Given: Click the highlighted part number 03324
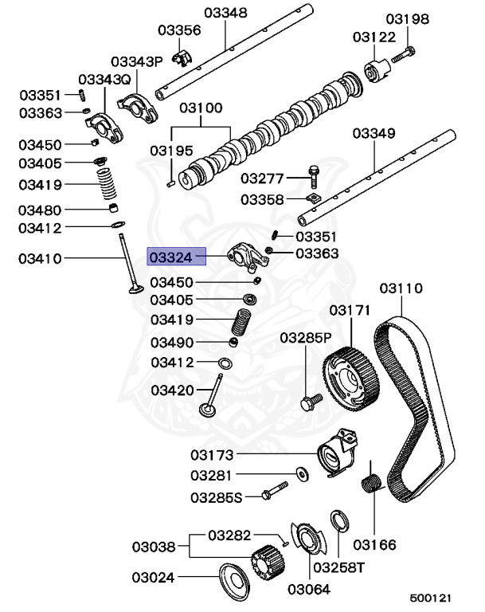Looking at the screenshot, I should (x=171, y=257).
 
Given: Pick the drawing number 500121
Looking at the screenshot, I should (x=431, y=597).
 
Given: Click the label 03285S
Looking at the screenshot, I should (x=215, y=498).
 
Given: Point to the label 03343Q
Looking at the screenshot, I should (x=104, y=80).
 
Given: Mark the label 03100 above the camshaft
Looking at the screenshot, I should (x=201, y=108).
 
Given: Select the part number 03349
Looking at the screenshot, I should (x=374, y=132).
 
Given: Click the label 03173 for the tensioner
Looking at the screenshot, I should (x=212, y=456).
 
